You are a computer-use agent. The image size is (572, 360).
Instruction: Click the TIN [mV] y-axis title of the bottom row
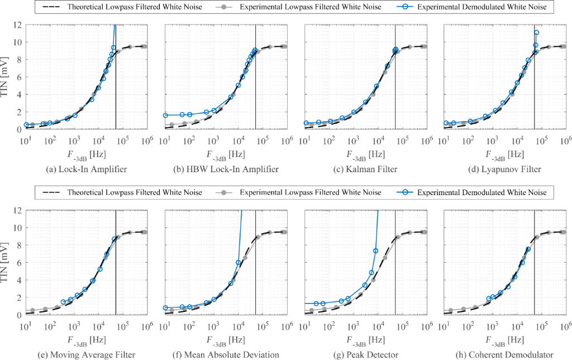click(x=7, y=263)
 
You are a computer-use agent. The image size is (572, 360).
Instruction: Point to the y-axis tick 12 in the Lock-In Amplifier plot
click(x=17, y=25)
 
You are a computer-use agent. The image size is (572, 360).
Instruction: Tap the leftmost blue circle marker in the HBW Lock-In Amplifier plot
click(x=165, y=115)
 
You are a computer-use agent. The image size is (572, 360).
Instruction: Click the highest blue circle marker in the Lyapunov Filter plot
click(x=536, y=32)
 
